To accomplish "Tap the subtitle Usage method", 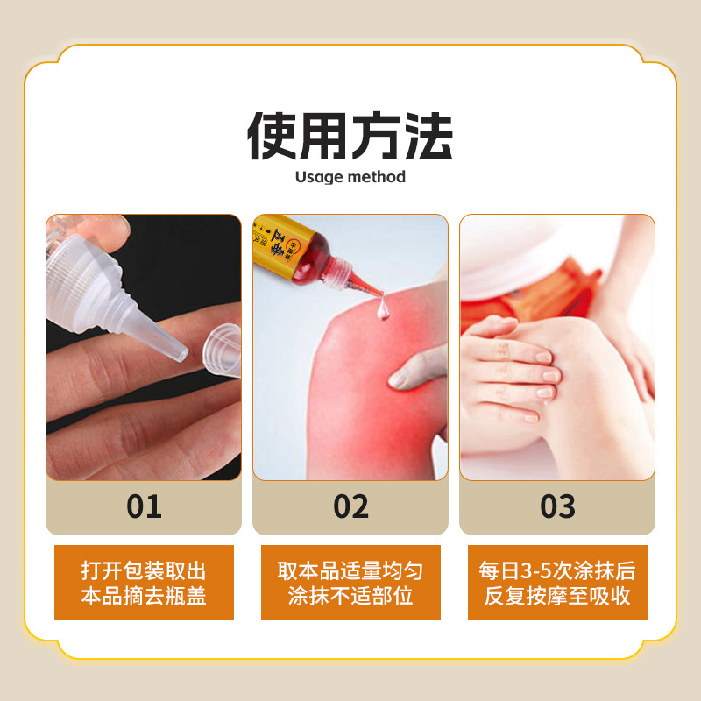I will coord(350,177).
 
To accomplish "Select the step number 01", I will coord(144,506).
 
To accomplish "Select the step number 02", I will coord(350,506).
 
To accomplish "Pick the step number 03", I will coord(557,506).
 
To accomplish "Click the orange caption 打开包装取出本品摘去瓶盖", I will coord(144,583).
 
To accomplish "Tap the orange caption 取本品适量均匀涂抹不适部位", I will coord(350,583).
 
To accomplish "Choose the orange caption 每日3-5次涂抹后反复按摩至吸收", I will coord(557,583).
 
